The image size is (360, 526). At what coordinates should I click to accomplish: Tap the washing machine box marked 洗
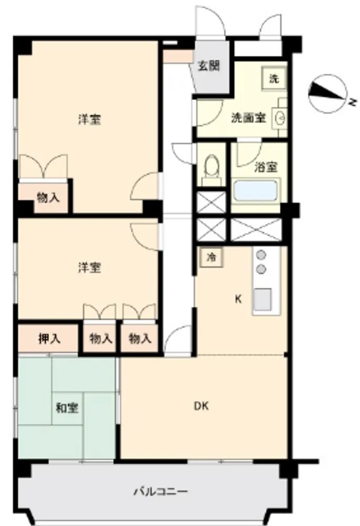[274, 78]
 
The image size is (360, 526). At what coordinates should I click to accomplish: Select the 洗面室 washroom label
[249, 118]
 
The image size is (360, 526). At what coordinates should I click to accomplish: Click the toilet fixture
[211, 169]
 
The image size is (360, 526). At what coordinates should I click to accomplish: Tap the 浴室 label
[266, 167]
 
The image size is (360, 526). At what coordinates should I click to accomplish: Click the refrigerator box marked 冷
[211, 257]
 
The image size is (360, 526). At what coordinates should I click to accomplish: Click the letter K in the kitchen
[238, 299]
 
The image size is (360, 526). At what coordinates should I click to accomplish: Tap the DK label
[201, 406]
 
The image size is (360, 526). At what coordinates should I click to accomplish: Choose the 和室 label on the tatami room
[67, 408]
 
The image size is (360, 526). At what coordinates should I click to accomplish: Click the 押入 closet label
[49, 339]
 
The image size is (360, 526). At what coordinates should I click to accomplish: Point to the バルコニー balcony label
[161, 492]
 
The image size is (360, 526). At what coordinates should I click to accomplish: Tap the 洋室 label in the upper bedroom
[89, 119]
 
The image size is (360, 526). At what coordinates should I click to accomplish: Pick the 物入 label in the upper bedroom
[48, 198]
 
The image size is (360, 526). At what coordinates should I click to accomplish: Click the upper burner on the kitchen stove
[261, 255]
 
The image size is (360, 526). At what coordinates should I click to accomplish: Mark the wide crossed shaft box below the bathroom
[256, 229]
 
